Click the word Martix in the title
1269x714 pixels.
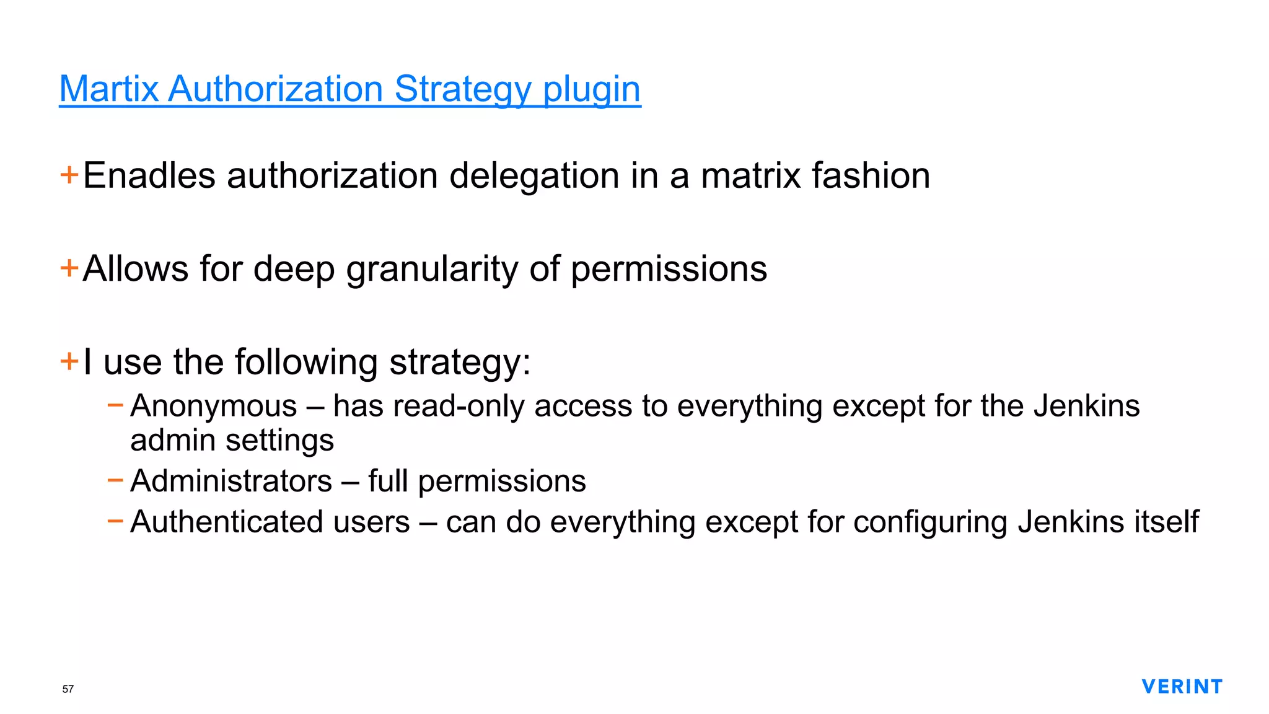point(109,89)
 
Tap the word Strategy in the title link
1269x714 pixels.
point(462,89)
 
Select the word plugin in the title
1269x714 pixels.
point(591,89)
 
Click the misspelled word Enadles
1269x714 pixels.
point(149,175)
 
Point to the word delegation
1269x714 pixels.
point(534,175)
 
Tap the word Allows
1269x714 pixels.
point(136,269)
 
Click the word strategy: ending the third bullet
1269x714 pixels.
point(460,362)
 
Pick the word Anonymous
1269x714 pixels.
point(214,407)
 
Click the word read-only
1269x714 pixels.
point(459,407)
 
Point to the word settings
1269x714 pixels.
point(279,441)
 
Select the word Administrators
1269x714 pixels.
point(231,482)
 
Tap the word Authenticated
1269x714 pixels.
point(270,522)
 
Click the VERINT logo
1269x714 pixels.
point(1182,687)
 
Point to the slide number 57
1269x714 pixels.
point(68,689)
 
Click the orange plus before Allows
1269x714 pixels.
point(69,268)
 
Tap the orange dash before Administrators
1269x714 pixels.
point(115,480)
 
